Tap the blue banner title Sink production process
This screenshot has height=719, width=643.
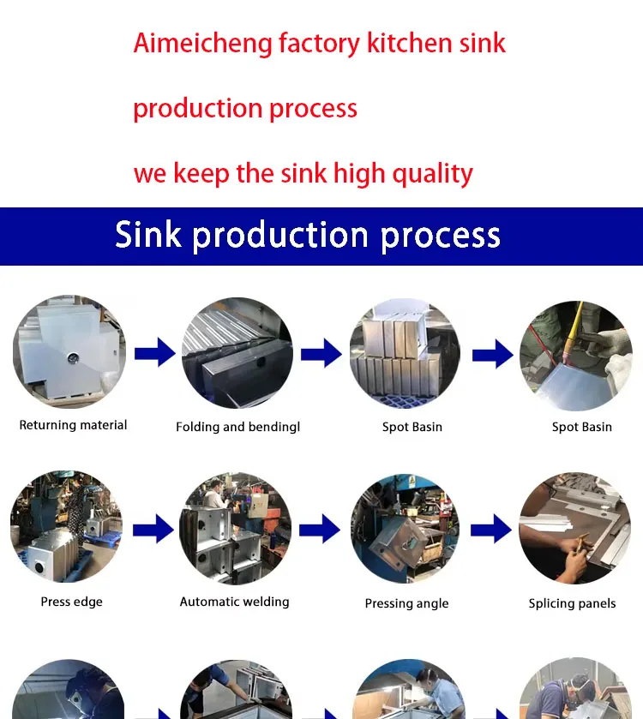tap(308, 236)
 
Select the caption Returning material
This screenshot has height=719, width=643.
tap(73, 425)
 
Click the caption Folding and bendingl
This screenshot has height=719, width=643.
tap(237, 427)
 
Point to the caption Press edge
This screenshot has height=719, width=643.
tap(71, 602)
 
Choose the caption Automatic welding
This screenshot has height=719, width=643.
tap(234, 602)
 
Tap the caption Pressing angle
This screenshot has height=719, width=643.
tap(406, 603)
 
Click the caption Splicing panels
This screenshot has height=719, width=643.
tap(572, 603)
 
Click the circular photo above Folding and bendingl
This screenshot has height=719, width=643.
tap(237, 352)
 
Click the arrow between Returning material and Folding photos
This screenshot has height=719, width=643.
tap(154, 352)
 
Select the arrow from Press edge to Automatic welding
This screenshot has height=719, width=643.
tap(153, 528)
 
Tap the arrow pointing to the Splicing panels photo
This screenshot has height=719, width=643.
tap(492, 528)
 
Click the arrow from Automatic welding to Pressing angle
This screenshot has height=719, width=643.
tap(319, 528)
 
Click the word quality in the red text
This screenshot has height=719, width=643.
tap(433, 174)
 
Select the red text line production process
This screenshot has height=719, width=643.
tap(245, 109)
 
